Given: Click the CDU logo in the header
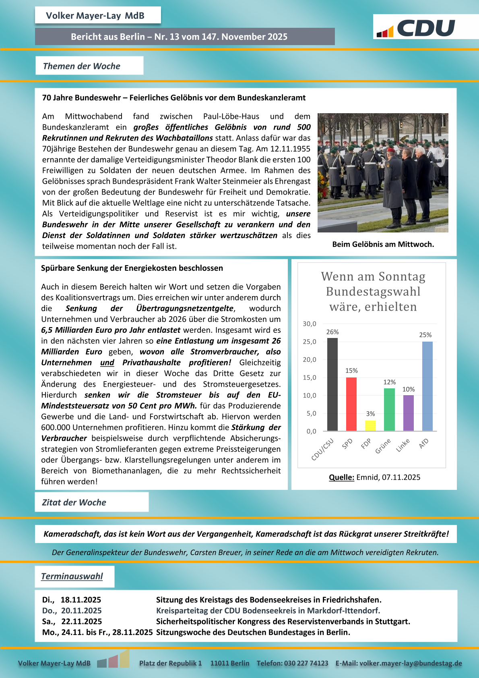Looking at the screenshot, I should coord(417,28).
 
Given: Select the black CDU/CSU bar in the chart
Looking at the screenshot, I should coord(332,384).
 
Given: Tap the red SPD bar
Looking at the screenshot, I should coord(351,404).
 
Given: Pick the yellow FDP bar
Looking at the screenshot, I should coord(370,425).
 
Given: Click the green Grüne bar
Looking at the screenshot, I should coord(389,409).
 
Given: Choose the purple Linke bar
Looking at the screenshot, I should coord(408,413).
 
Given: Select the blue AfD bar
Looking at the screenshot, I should coord(427,386).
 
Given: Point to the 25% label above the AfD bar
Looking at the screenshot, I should coord(425,335).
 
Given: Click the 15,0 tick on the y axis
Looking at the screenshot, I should coord(310,377).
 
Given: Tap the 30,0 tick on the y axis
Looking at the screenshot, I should coord(310,323).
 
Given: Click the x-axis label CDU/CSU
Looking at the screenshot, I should coord(323,449).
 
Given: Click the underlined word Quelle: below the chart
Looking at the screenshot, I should coord(341,477).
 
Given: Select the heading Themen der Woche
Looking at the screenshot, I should coord(82,66).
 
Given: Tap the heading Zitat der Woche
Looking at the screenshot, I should coord(74,502).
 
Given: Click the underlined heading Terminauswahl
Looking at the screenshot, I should coord(72,576).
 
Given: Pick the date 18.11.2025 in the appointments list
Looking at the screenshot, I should coord(81,600).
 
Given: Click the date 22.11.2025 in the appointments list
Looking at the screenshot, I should coord(81,622).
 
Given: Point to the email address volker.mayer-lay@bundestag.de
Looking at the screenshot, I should coord(411,663).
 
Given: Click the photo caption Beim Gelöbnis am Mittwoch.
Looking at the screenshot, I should coord(383,244).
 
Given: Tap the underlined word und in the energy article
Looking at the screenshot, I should coord(107,363).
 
